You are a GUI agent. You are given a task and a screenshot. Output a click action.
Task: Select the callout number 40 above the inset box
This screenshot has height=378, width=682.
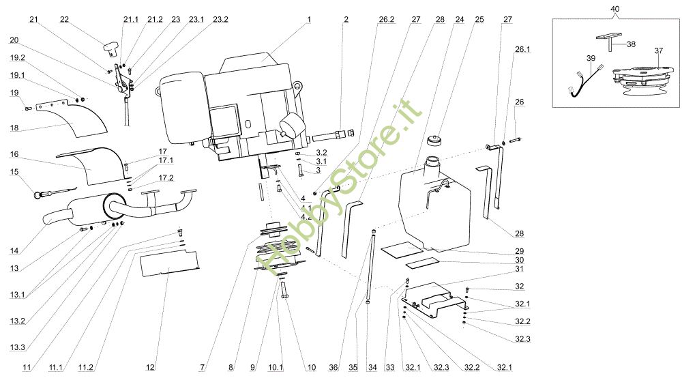(615, 9)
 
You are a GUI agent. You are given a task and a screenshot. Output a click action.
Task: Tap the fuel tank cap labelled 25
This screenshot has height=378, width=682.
(434, 142)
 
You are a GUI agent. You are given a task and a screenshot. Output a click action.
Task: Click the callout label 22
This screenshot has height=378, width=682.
(64, 20)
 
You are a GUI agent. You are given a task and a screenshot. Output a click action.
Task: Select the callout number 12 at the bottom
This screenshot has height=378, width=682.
(150, 368)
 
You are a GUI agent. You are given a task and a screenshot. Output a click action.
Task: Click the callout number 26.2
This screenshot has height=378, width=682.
(387, 20)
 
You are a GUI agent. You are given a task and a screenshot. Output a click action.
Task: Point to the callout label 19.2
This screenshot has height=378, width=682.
(18, 58)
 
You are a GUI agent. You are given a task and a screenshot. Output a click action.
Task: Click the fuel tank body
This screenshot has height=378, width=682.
(436, 205)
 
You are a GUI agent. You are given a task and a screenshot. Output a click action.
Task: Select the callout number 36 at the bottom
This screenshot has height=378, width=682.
(333, 368)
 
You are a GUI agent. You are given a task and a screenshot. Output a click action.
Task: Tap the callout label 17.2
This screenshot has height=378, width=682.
(166, 178)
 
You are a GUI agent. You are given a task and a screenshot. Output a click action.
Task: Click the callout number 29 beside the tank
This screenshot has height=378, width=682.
(519, 251)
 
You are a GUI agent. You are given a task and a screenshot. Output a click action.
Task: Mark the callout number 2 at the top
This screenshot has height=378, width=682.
(346, 20)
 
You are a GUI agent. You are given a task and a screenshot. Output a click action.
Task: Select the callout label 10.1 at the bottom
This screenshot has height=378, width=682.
(276, 368)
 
